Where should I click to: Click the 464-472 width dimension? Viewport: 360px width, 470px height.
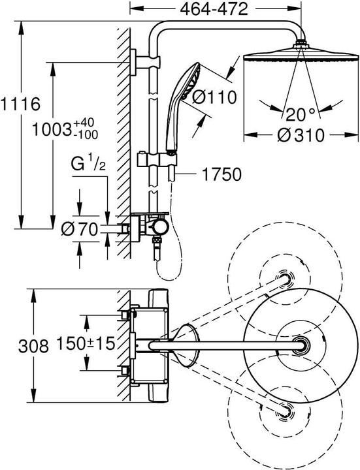pyautogui.click(x=214, y=9)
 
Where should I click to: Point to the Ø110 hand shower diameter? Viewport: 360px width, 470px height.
pyautogui.click(x=214, y=97)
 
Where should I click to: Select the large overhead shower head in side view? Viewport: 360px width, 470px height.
pyautogui.click(x=301, y=53)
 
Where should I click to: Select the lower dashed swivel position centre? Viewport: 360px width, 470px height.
pyautogui.click(x=285, y=410)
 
